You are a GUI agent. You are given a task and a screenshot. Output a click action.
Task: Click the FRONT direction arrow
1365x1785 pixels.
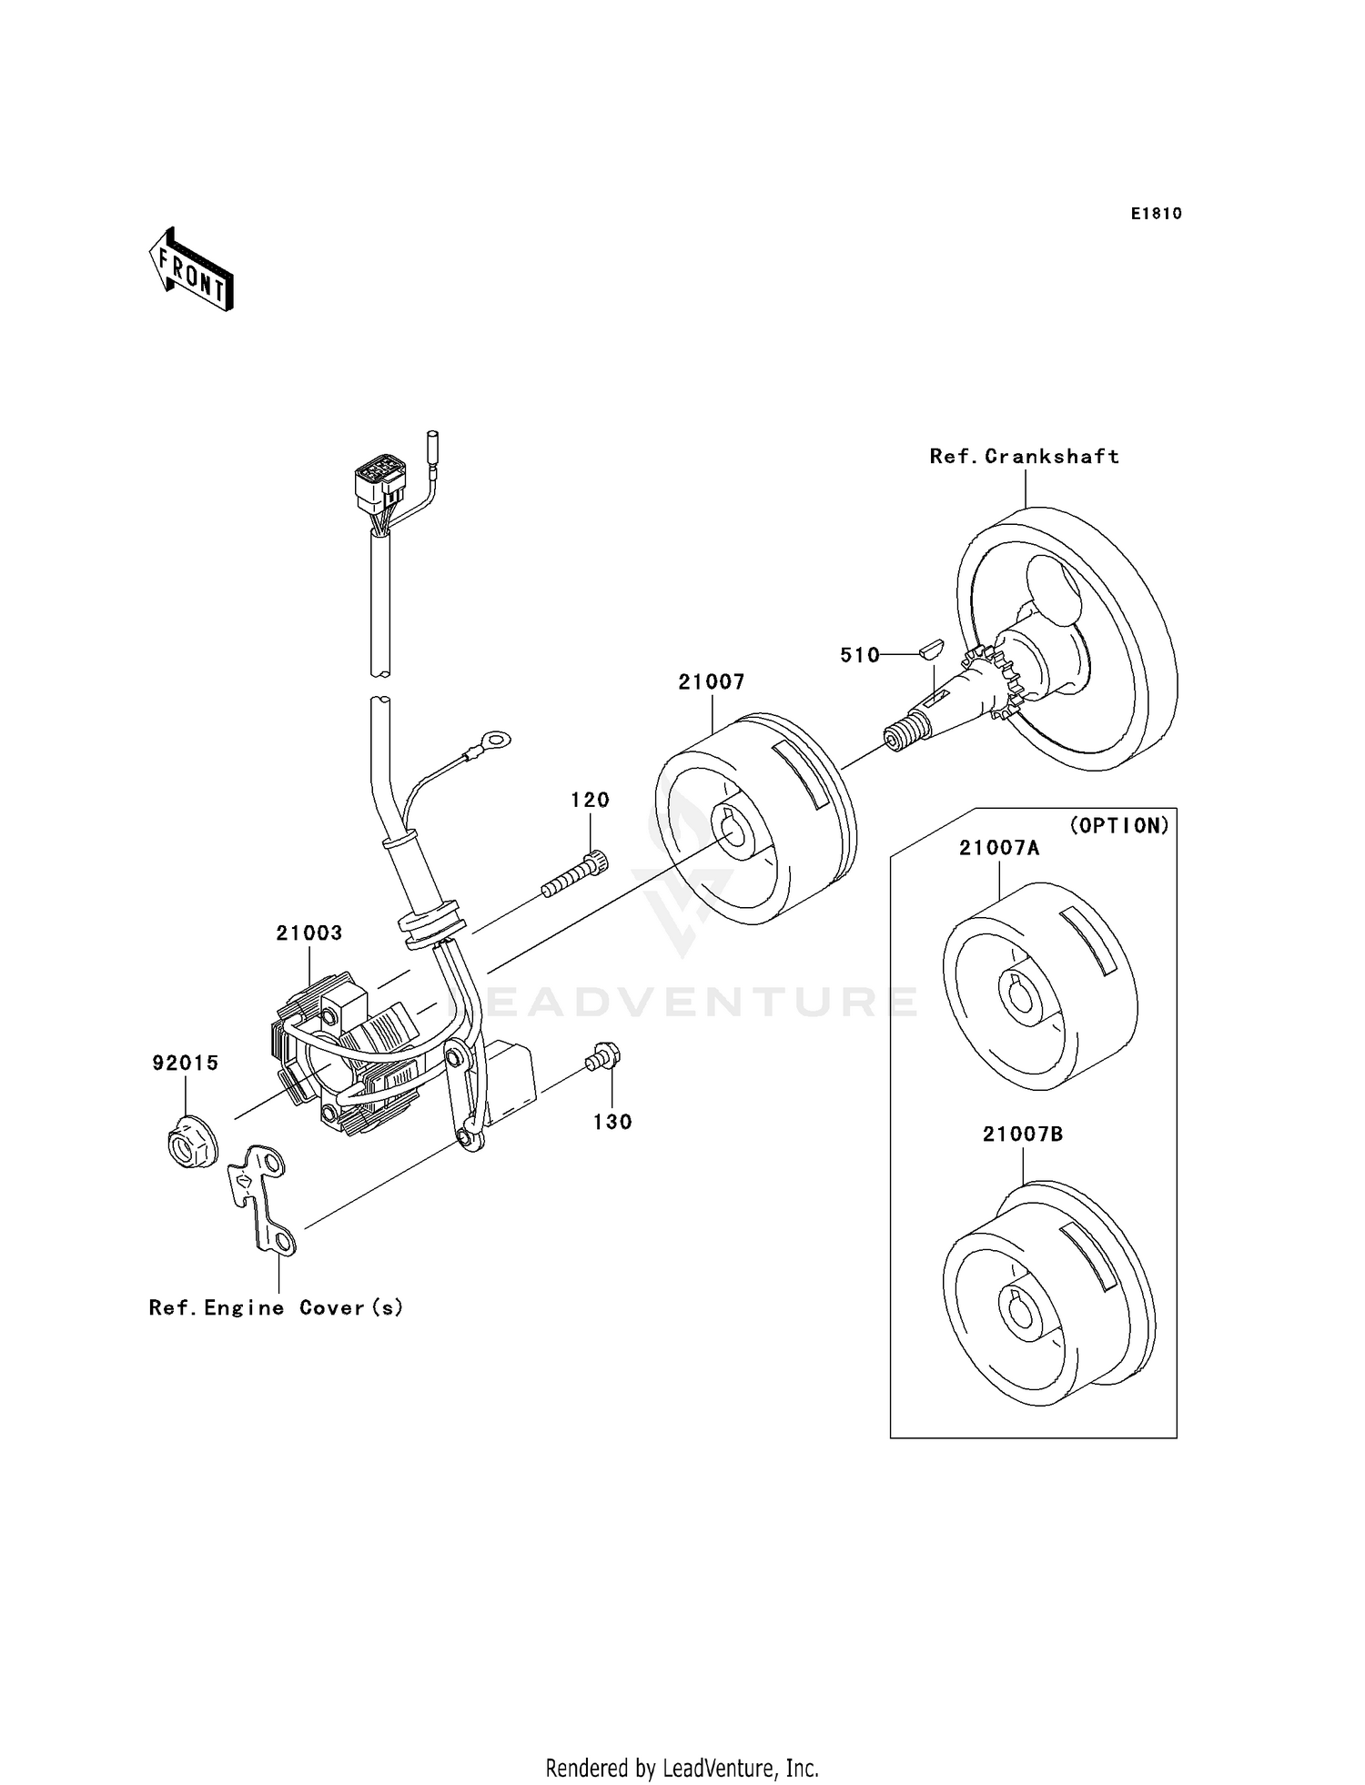[191, 270]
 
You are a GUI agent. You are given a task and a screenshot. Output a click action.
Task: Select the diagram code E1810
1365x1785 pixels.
[1156, 214]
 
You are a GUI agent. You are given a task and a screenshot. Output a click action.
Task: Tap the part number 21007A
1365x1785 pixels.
[998, 848]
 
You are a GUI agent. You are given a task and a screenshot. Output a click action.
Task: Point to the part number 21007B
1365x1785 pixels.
[1022, 1135]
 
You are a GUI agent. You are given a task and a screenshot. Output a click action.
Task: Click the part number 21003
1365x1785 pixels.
[309, 933]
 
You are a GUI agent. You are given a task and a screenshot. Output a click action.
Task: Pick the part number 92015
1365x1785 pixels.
[185, 1063]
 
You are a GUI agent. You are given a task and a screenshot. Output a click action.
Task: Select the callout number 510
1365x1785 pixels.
[859, 655]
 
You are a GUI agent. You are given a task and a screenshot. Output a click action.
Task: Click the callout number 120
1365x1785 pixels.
[590, 801]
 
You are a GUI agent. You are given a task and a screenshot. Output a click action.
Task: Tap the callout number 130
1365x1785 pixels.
[612, 1123]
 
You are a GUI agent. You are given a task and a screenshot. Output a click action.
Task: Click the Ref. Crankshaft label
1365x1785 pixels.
[1024, 457]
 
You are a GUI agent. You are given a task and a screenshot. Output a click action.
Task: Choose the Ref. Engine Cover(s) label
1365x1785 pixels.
[276, 1307]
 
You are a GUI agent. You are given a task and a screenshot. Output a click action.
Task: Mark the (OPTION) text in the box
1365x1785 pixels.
[1118, 825]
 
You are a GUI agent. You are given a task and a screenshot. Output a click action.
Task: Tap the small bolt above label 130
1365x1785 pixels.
[602, 1058]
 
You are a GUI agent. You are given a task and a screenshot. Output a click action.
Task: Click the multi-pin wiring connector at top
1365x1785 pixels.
[379, 486]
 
